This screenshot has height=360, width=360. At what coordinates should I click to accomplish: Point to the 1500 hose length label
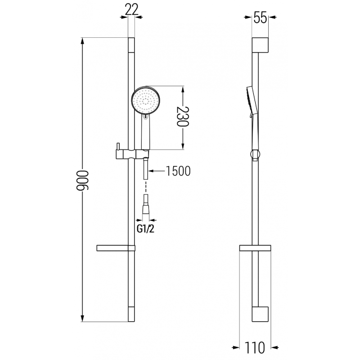178,171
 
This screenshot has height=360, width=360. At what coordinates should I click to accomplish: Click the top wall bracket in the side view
261,45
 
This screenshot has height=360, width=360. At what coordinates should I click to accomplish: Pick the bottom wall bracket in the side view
261,315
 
